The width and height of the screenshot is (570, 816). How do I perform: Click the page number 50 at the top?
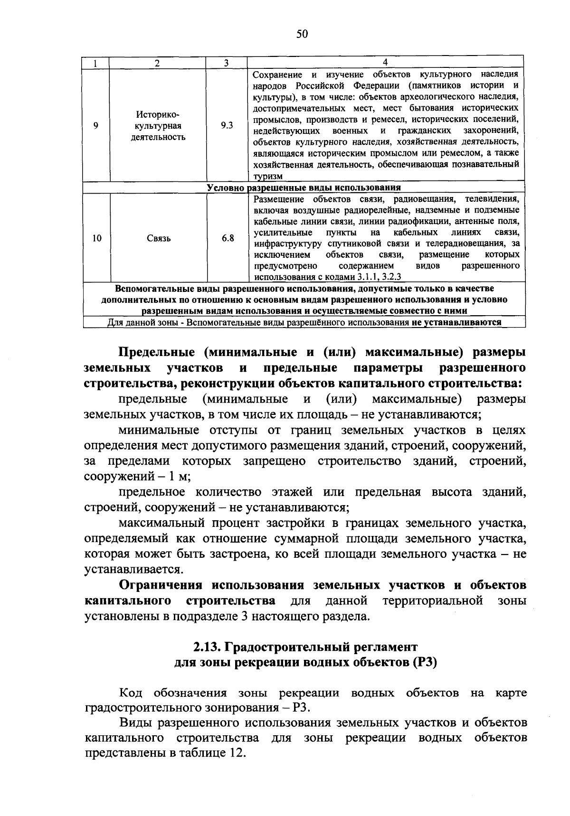pos(303,34)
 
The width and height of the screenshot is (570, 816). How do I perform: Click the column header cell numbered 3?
pos(227,63)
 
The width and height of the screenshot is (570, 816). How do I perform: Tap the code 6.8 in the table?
pos(228,238)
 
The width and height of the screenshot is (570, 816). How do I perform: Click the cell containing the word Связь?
pos(159,238)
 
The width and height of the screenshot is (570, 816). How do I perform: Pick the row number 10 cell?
pos(97,238)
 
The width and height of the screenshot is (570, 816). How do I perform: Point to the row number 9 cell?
pos(96,126)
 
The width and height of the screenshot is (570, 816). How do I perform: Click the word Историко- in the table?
pos(158,115)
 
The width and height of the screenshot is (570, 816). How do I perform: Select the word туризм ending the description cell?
pos(268,176)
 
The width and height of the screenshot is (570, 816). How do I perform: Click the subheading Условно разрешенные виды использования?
pos(304,188)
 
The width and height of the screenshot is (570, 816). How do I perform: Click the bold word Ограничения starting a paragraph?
pos(162,585)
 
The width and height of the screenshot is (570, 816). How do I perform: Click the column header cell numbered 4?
pos(385,63)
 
